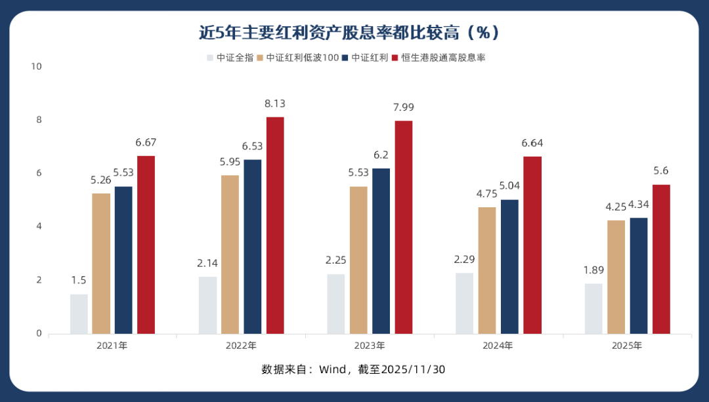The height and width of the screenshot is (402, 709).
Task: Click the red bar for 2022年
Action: click(x=275, y=225)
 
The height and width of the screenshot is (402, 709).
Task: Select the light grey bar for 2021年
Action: click(x=79, y=313)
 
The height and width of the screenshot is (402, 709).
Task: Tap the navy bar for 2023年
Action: click(x=381, y=251)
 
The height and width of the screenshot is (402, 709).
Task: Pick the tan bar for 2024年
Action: click(x=487, y=270)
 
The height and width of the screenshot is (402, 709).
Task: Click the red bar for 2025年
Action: click(x=661, y=259)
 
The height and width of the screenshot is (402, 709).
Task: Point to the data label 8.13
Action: click(x=275, y=104)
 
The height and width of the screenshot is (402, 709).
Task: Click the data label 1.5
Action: click(x=79, y=280)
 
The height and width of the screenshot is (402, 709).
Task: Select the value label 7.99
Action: click(x=404, y=108)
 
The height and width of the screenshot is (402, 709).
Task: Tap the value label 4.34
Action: click(x=639, y=204)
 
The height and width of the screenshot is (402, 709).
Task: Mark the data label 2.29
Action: click(x=464, y=259)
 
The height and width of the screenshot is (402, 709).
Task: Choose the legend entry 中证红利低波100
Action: click(x=302, y=58)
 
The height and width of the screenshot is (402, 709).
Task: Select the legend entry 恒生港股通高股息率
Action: click(x=443, y=58)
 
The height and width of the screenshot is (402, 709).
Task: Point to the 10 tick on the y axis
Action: click(x=35, y=66)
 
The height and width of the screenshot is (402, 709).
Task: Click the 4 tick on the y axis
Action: click(x=39, y=226)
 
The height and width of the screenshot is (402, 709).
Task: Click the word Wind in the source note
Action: click(x=333, y=369)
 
